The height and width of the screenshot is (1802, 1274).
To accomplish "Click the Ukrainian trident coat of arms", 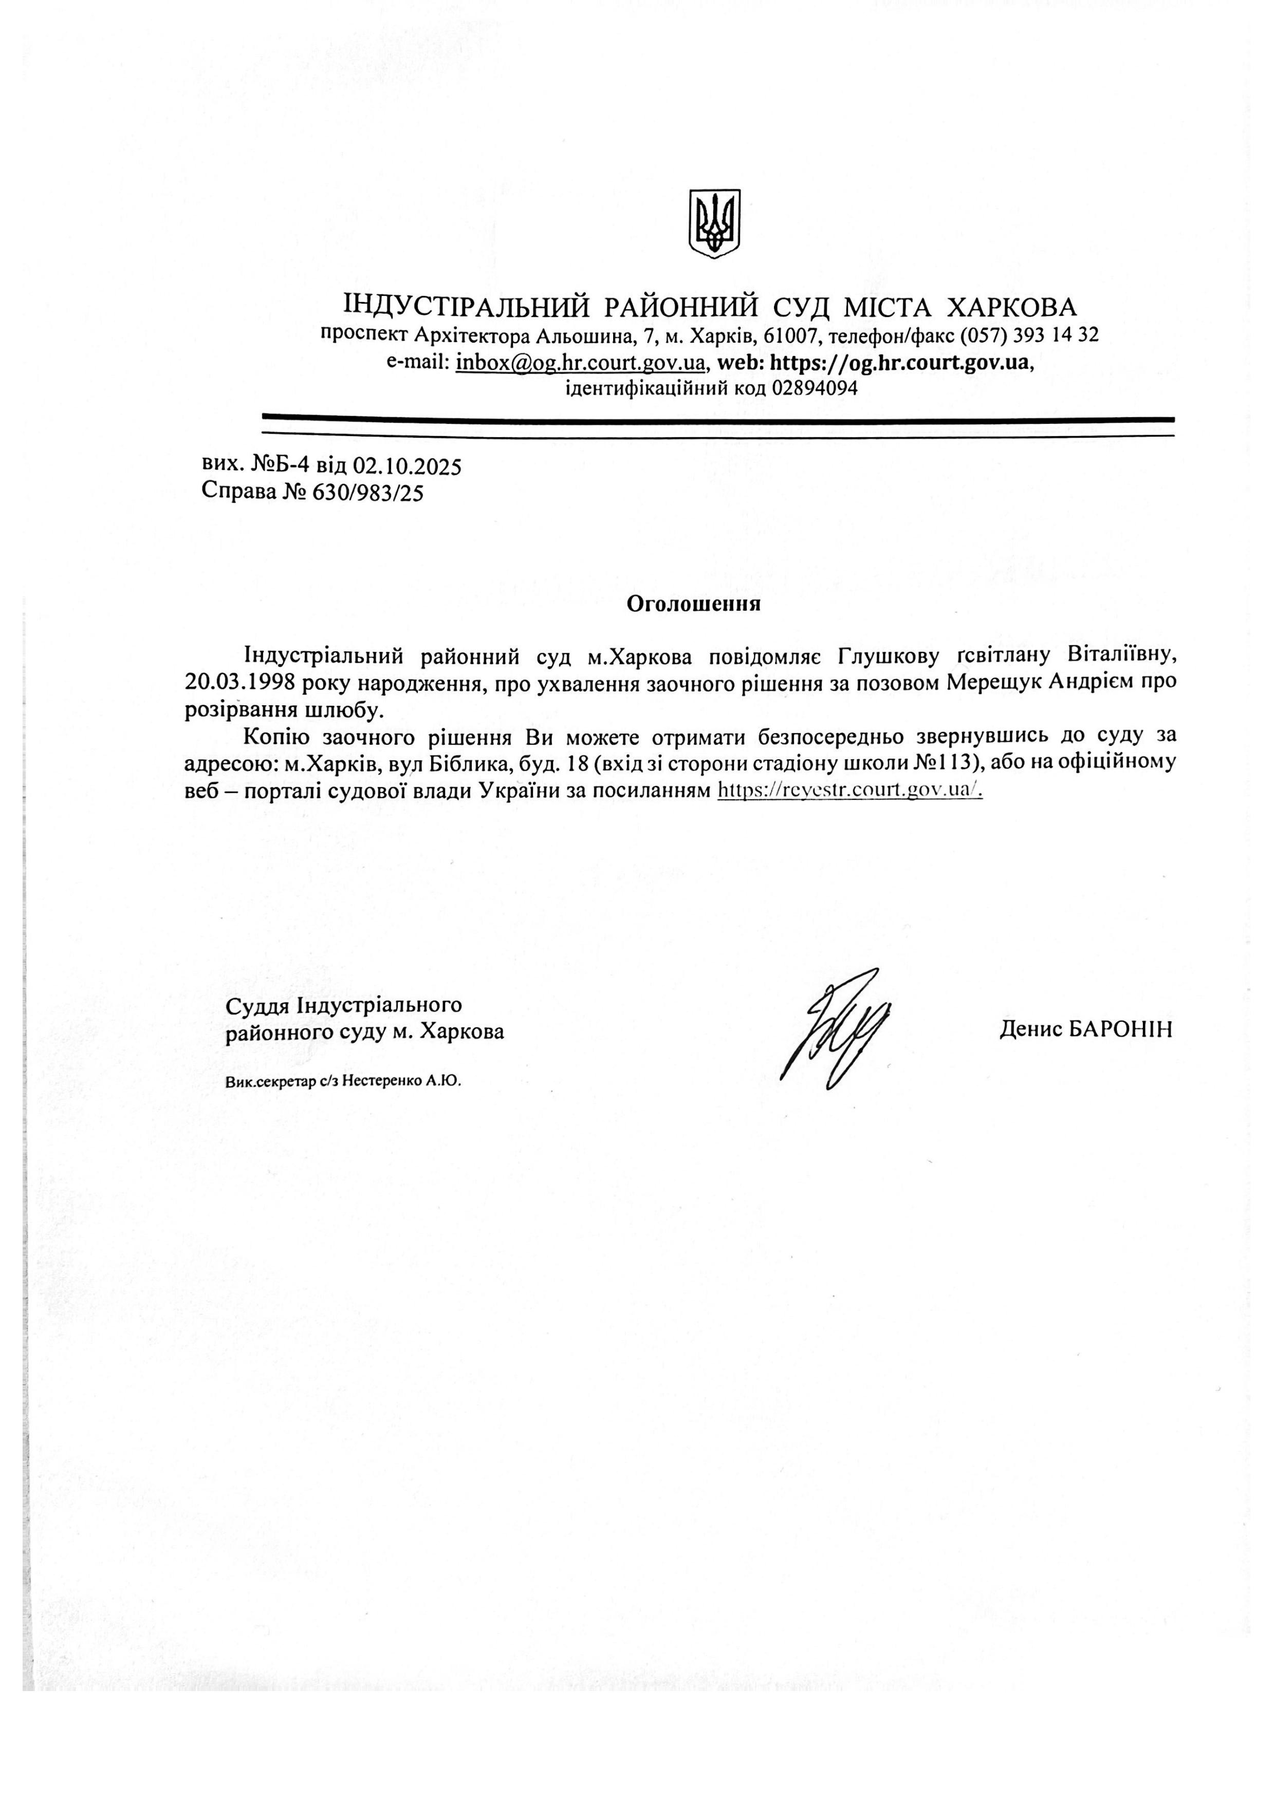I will pyautogui.click(x=714, y=223).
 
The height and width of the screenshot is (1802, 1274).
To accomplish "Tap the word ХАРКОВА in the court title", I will pyautogui.click(x=1012, y=306).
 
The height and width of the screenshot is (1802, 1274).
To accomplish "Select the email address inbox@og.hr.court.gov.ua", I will pyautogui.click(x=580, y=363).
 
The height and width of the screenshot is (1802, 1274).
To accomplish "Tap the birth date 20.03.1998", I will pyautogui.click(x=240, y=681).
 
